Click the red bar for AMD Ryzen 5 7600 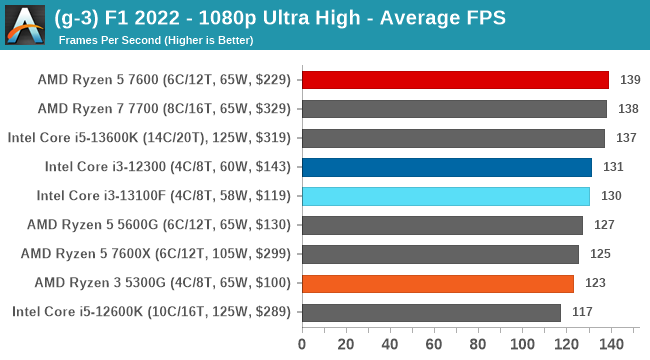click(x=455, y=80)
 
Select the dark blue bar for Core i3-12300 click(x=446, y=167)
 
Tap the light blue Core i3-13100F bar click(x=445, y=196)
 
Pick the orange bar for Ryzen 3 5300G click(x=437, y=283)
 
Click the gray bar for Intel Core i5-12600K click(x=431, y=312)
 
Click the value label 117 click(x=582, y=312)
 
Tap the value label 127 click(x=603, y=225)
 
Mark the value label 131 click(x=612, y=167)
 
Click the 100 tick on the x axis click(x=520, y=345)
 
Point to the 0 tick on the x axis click(x=302, y=345)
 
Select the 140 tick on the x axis click(x=607, y=345)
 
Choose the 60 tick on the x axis click(x=433, y=345)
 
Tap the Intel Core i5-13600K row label click(x=150, y=138)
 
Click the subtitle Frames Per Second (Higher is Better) click(x=155, y=41)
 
